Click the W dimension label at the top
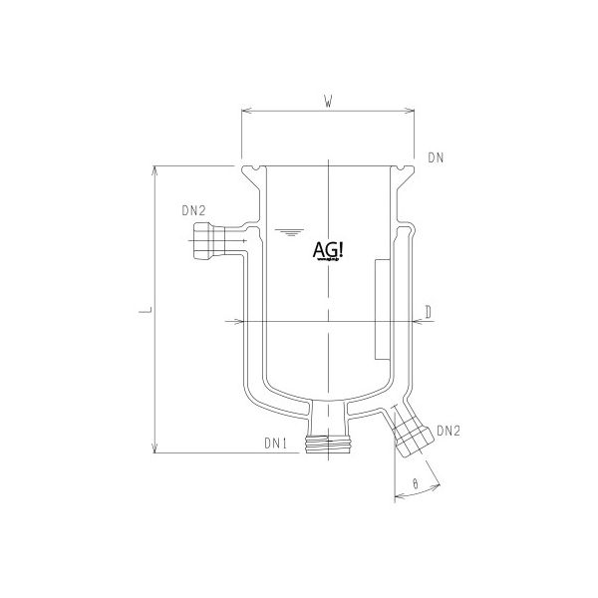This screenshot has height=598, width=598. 328,100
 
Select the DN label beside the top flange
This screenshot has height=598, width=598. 435,157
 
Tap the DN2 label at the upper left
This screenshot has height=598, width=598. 193,211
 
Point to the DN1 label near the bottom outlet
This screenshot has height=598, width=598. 276,442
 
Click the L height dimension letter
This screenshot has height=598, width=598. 145,312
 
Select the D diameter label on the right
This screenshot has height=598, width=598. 427,312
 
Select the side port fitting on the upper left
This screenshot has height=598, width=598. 204,241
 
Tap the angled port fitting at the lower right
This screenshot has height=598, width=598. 410,437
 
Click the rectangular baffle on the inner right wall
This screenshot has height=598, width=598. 380,310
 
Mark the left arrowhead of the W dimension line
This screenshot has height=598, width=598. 245,113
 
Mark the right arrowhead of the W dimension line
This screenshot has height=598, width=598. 411,113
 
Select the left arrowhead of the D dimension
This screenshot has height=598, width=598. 239,322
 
